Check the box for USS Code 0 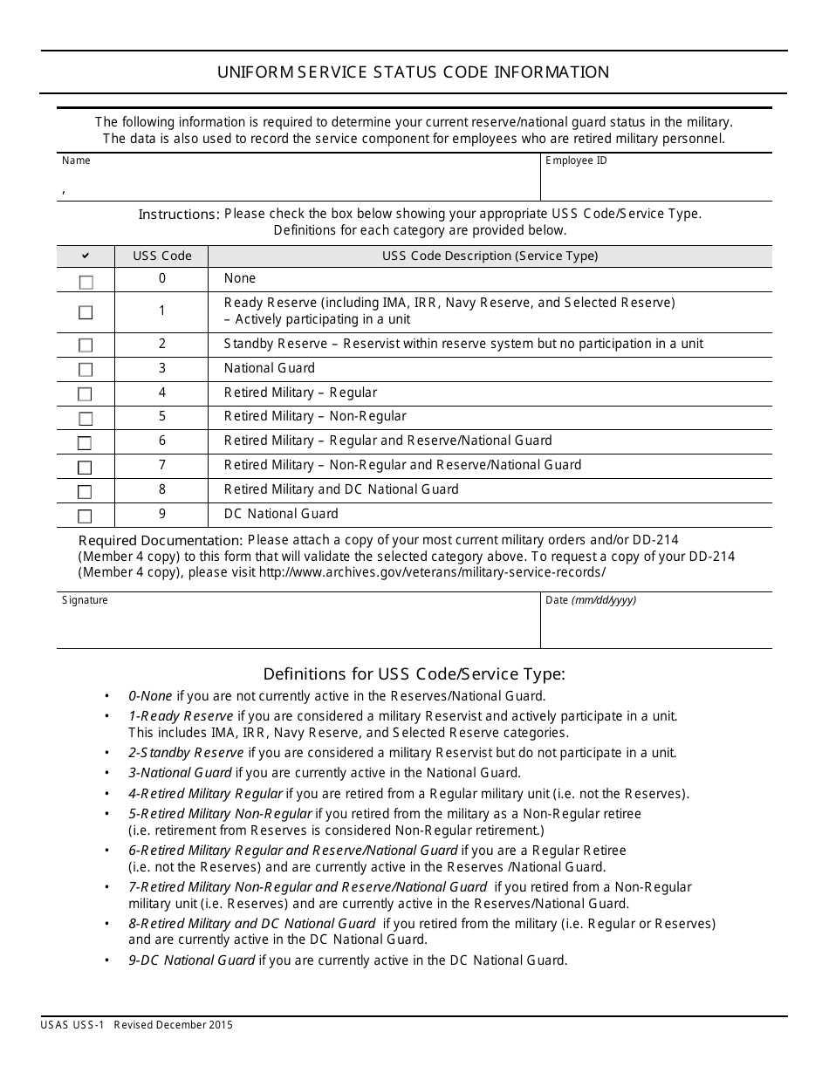click(86, 282)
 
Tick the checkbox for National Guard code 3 click(86, 369)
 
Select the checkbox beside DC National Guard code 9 click(86, 516)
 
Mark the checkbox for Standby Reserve click(86, 345)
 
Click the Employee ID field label click(576, 161)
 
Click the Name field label click(76, 161)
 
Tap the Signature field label click(85, 601)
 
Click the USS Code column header click(161, 256)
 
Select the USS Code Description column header click(490, 256)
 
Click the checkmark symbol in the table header click(86, 256)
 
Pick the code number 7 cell click(161, 466)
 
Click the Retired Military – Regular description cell click(300, 393)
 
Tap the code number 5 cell click(161, 417)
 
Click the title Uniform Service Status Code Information click(414, 72)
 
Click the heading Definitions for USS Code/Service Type click(414, 673)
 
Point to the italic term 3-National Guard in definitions click(180, 773)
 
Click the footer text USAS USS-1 click(72, 1026)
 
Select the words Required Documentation click(161, 541)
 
